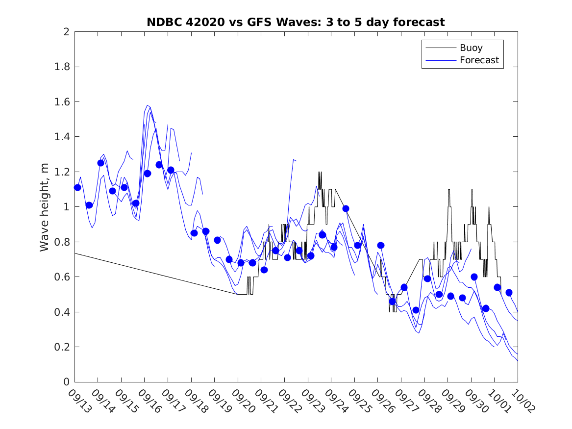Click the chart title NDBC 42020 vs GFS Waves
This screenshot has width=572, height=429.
click(x=296, y=22)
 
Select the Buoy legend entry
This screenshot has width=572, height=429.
click(x=471, y=48)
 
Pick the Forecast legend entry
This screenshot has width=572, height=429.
click(x=479, y=60)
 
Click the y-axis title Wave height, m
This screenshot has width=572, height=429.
click(x=45, y=207)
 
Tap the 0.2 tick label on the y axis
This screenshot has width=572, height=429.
click(x=63, y=347)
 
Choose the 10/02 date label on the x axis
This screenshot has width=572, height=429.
click(x=521, y=400)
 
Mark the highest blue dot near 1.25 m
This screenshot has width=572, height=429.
click(x=100, y=163)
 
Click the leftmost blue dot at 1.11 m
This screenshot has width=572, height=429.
click(x=77, y=187)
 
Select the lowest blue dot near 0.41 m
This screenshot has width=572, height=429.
click(x=416, y=310)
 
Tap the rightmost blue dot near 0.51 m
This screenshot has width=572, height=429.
click(x=509, y=293)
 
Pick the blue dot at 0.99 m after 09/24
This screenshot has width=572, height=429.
click(x=346, y=208)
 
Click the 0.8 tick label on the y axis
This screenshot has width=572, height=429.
click(x=63, y=242)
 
